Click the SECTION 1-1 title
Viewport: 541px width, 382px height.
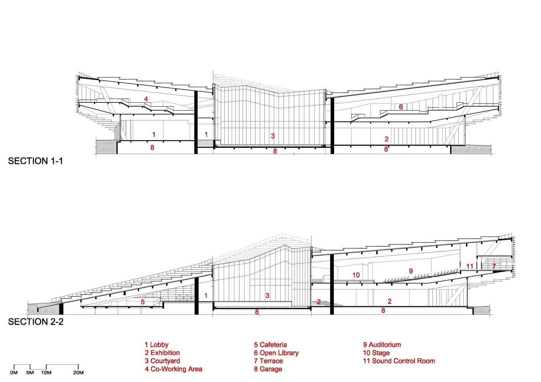(36, 161)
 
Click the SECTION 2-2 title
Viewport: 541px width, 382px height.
(36, 322)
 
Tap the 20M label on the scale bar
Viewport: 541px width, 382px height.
(78, 372)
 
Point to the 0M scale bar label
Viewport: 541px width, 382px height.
(14, 372)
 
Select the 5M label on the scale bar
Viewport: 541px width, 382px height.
(30, 372)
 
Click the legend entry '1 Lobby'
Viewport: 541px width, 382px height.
(156, 345)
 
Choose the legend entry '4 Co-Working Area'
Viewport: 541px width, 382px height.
(174, 369)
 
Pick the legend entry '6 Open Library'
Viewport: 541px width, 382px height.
(276, 353)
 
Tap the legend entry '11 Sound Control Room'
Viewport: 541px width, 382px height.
(399, 361)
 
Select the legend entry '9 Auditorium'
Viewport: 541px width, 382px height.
(382, 345)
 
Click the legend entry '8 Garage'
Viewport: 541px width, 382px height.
(268, 369)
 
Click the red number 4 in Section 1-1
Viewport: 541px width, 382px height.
(146, 99)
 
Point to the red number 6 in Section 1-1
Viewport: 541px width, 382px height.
(401, 107)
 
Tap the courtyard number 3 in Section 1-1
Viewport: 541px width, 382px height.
(273, 136)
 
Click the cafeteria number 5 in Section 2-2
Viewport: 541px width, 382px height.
(143, 302)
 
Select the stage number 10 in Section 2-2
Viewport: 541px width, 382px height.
(356, 275)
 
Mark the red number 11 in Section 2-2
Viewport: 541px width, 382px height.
(470, 266)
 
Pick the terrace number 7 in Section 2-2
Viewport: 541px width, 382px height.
(494, 266)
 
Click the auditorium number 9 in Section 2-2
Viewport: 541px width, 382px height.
(411, 271)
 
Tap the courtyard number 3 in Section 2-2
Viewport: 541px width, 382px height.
(267, 295)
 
